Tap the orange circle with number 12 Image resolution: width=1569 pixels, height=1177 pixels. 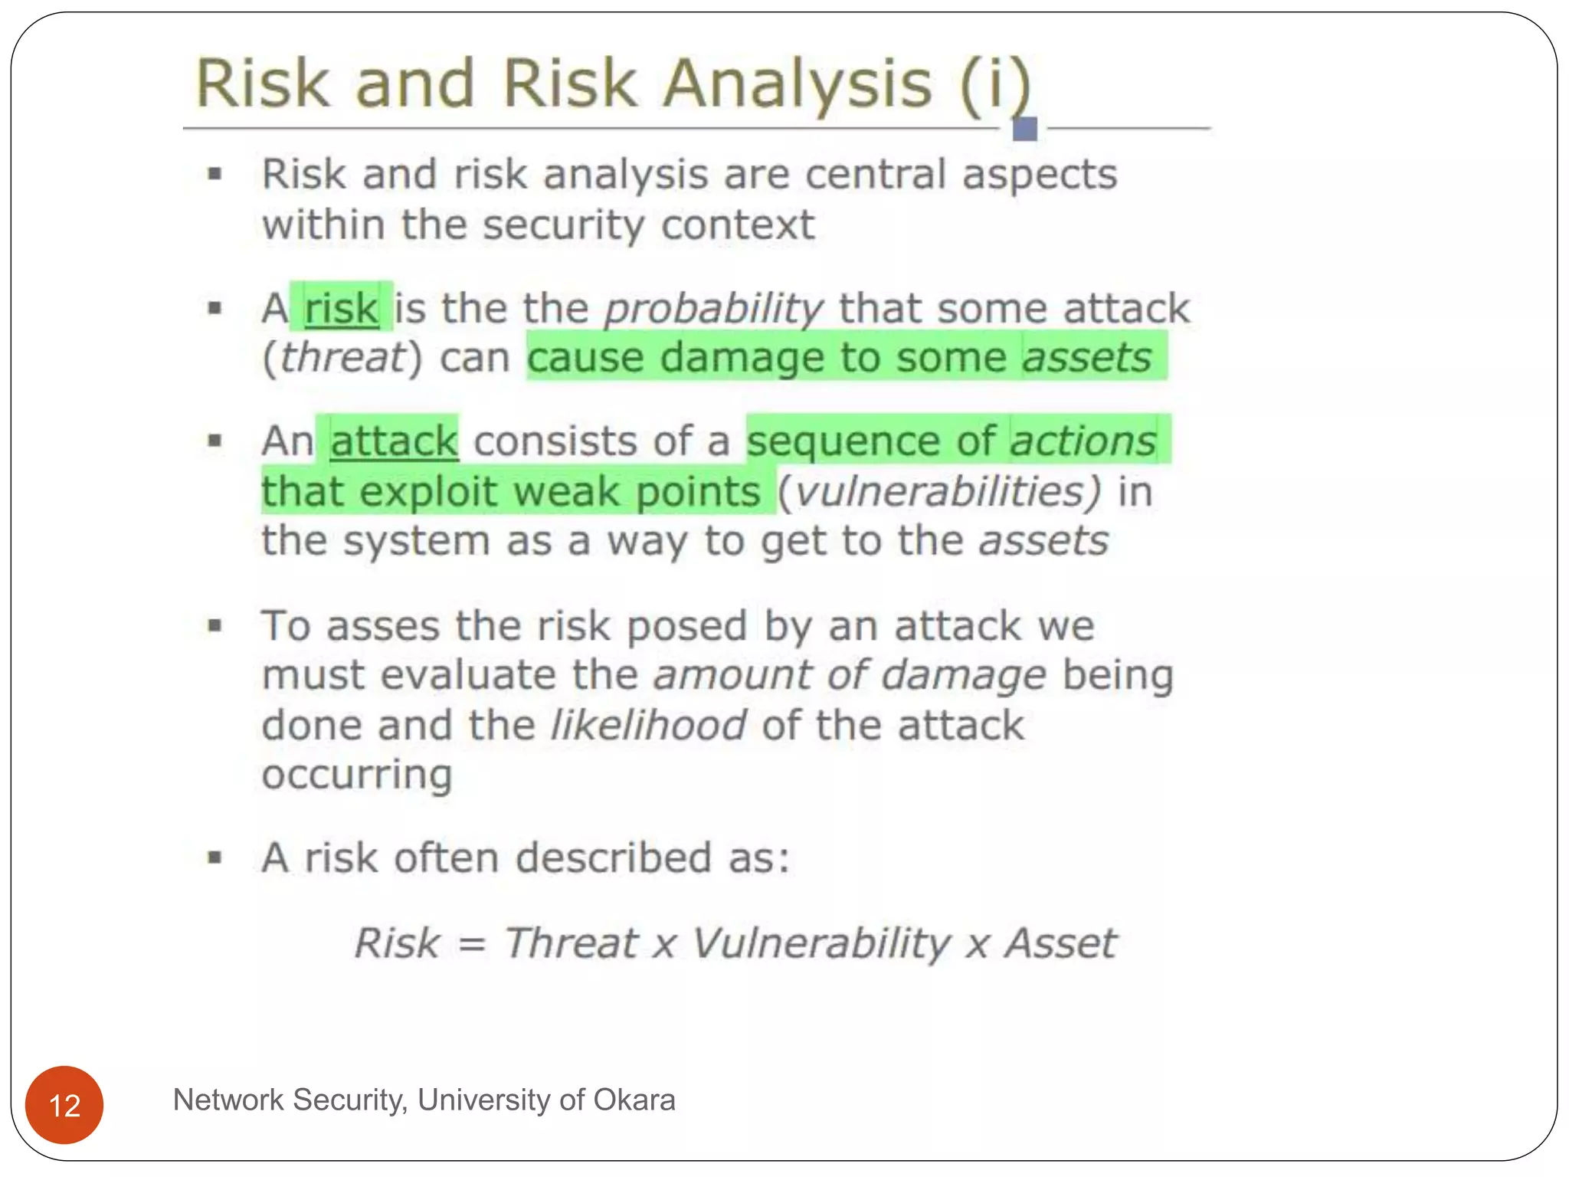tap(64, 1105)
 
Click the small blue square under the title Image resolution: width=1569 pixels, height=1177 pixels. tap(1024, 129)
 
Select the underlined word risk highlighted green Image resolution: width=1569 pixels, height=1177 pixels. tap(342, 309)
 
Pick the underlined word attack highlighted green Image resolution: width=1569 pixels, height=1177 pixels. tap(394, 442)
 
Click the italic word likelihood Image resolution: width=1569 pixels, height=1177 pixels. tap(648, 726)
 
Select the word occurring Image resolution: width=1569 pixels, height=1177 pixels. tap(357, 775)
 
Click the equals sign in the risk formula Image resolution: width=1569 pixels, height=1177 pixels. tap(472, 944)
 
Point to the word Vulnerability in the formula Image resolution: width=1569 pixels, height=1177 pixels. tap(821, 944)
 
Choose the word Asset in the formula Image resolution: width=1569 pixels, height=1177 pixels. tap(1060, 943)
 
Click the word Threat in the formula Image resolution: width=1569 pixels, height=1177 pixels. tap(571, 943)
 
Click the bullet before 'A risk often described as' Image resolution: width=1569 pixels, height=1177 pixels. tap(215, 857)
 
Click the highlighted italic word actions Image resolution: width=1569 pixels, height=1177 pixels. tap(1083, 441)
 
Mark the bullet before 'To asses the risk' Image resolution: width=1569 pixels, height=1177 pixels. tap(215, 626)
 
